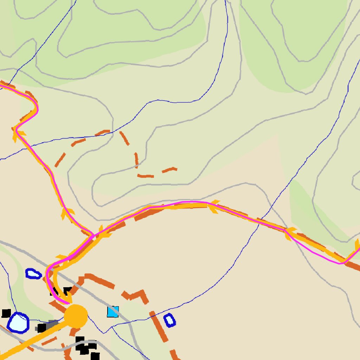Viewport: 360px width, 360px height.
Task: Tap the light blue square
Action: [x=113, y=312]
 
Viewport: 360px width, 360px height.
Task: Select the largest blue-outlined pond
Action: [x=18, y=322]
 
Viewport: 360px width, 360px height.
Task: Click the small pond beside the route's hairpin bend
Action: [x=33, y=274]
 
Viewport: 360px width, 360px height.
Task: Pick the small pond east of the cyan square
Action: [x=170, y=320]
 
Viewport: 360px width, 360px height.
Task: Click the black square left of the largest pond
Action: [x=6, y=313]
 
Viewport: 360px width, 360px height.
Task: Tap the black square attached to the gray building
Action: [x=42, y=328]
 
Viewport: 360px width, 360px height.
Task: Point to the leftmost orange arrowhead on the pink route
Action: [x=18, y=134]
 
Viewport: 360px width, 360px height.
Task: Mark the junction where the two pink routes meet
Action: [x=92, y=235]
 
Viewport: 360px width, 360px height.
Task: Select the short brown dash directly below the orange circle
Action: [x=74, y=332]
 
